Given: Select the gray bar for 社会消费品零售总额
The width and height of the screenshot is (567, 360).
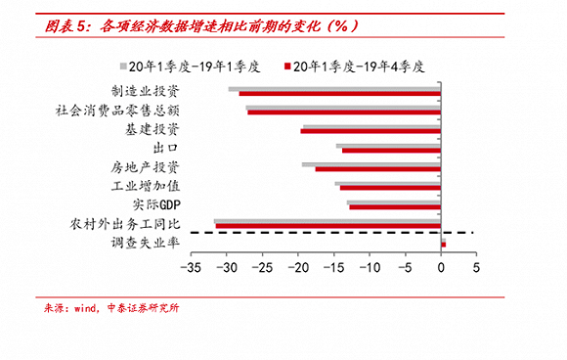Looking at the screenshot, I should (343, 108).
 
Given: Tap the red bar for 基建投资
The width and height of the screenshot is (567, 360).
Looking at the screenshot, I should (371, 131).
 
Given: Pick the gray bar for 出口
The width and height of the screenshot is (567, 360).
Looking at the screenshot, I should (389, 146).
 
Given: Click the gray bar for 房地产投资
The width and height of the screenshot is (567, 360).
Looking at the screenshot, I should (371, 163).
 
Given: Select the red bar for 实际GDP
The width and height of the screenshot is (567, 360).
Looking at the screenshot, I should (395, 206).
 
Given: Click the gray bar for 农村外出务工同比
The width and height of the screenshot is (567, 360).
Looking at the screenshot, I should (327, 221).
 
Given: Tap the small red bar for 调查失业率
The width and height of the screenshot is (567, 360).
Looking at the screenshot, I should (444, 244).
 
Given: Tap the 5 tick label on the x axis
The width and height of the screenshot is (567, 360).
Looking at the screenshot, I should (476, 266).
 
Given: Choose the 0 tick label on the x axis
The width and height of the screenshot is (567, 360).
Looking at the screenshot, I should (441, 266).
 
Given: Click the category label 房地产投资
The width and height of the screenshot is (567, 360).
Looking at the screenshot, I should (153, 166).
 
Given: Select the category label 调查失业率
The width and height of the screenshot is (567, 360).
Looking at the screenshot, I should (153, 242).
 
